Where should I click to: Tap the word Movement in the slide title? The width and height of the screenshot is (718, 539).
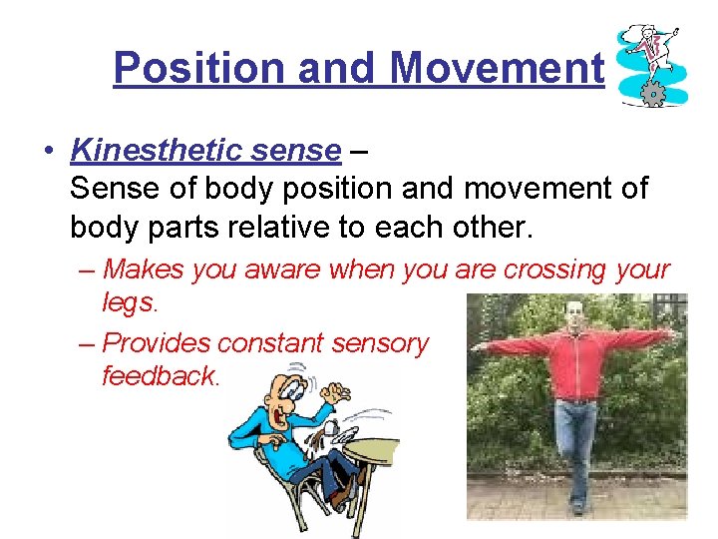497,68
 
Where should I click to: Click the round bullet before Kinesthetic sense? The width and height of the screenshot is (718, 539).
47,152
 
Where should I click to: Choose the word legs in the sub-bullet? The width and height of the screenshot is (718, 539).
129,301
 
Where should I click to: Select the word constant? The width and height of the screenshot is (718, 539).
272,342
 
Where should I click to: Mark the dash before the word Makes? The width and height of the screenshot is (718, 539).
87,269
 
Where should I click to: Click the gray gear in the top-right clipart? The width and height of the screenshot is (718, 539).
652,95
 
